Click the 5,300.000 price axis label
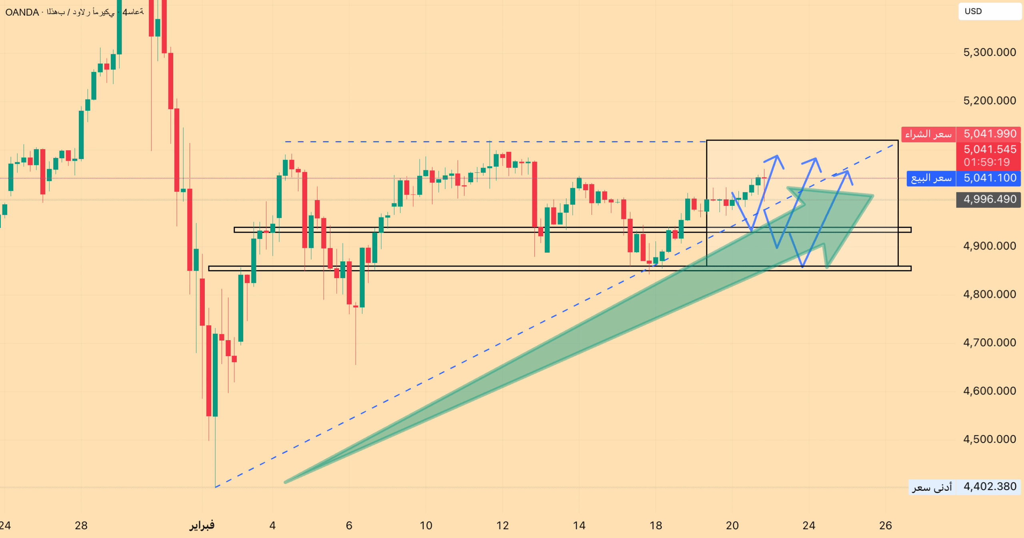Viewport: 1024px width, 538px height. (x=989, y=52)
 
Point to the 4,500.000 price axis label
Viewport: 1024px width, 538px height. (x=989, y=439)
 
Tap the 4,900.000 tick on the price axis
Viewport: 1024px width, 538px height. (x=989, y=246)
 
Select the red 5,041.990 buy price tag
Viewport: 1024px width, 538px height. (x=990, y=134)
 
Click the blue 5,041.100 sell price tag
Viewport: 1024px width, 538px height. (x=990, y=178)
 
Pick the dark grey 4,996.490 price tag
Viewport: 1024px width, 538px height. (x=990, y=199)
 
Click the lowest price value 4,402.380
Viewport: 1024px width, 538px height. (x=990, y=486)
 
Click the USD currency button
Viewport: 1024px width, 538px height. (x=973, y=11)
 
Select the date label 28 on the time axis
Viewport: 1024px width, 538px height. (x=81, y=525)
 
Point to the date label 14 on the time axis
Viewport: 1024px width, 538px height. (x=579, y=525)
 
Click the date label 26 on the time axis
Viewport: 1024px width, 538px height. (x=885, y=525)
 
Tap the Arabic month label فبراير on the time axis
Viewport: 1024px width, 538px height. (x=202, y=525)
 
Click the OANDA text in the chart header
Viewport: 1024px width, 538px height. (x=22, y=12)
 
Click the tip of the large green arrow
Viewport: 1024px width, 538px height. (x=872, y=196)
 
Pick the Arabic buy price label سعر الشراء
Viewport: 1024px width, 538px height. (x=928, y=134)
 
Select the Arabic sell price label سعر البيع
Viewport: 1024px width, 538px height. (x=931, y=178)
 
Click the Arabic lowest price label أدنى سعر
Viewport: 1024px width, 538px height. (x=932, y=487)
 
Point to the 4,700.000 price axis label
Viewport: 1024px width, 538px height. (x=989, y=343)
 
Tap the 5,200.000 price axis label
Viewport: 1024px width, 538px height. (x=989, y=101)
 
